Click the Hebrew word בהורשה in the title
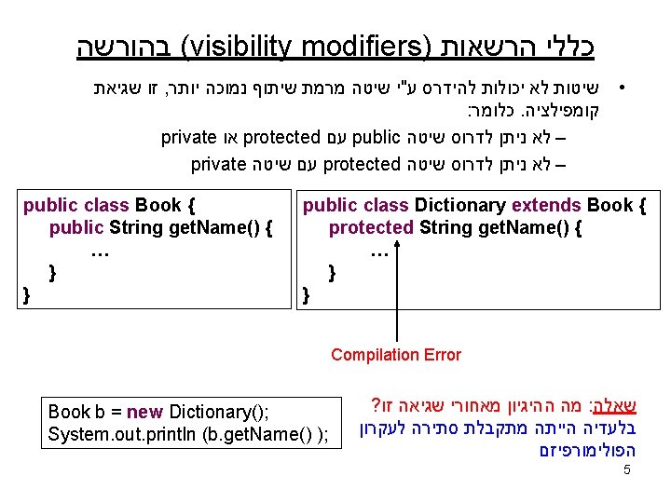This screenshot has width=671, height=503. [125, 46]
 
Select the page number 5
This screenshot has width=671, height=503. [627, 470]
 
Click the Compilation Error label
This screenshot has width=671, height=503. [396, 354]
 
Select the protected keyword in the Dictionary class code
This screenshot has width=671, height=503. [371, 227]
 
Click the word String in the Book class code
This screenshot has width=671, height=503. [136, 227]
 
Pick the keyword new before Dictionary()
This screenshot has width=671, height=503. [144, 412]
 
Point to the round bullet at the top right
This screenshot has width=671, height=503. [622, 90]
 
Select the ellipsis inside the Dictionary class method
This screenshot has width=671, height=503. [379, 251]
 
